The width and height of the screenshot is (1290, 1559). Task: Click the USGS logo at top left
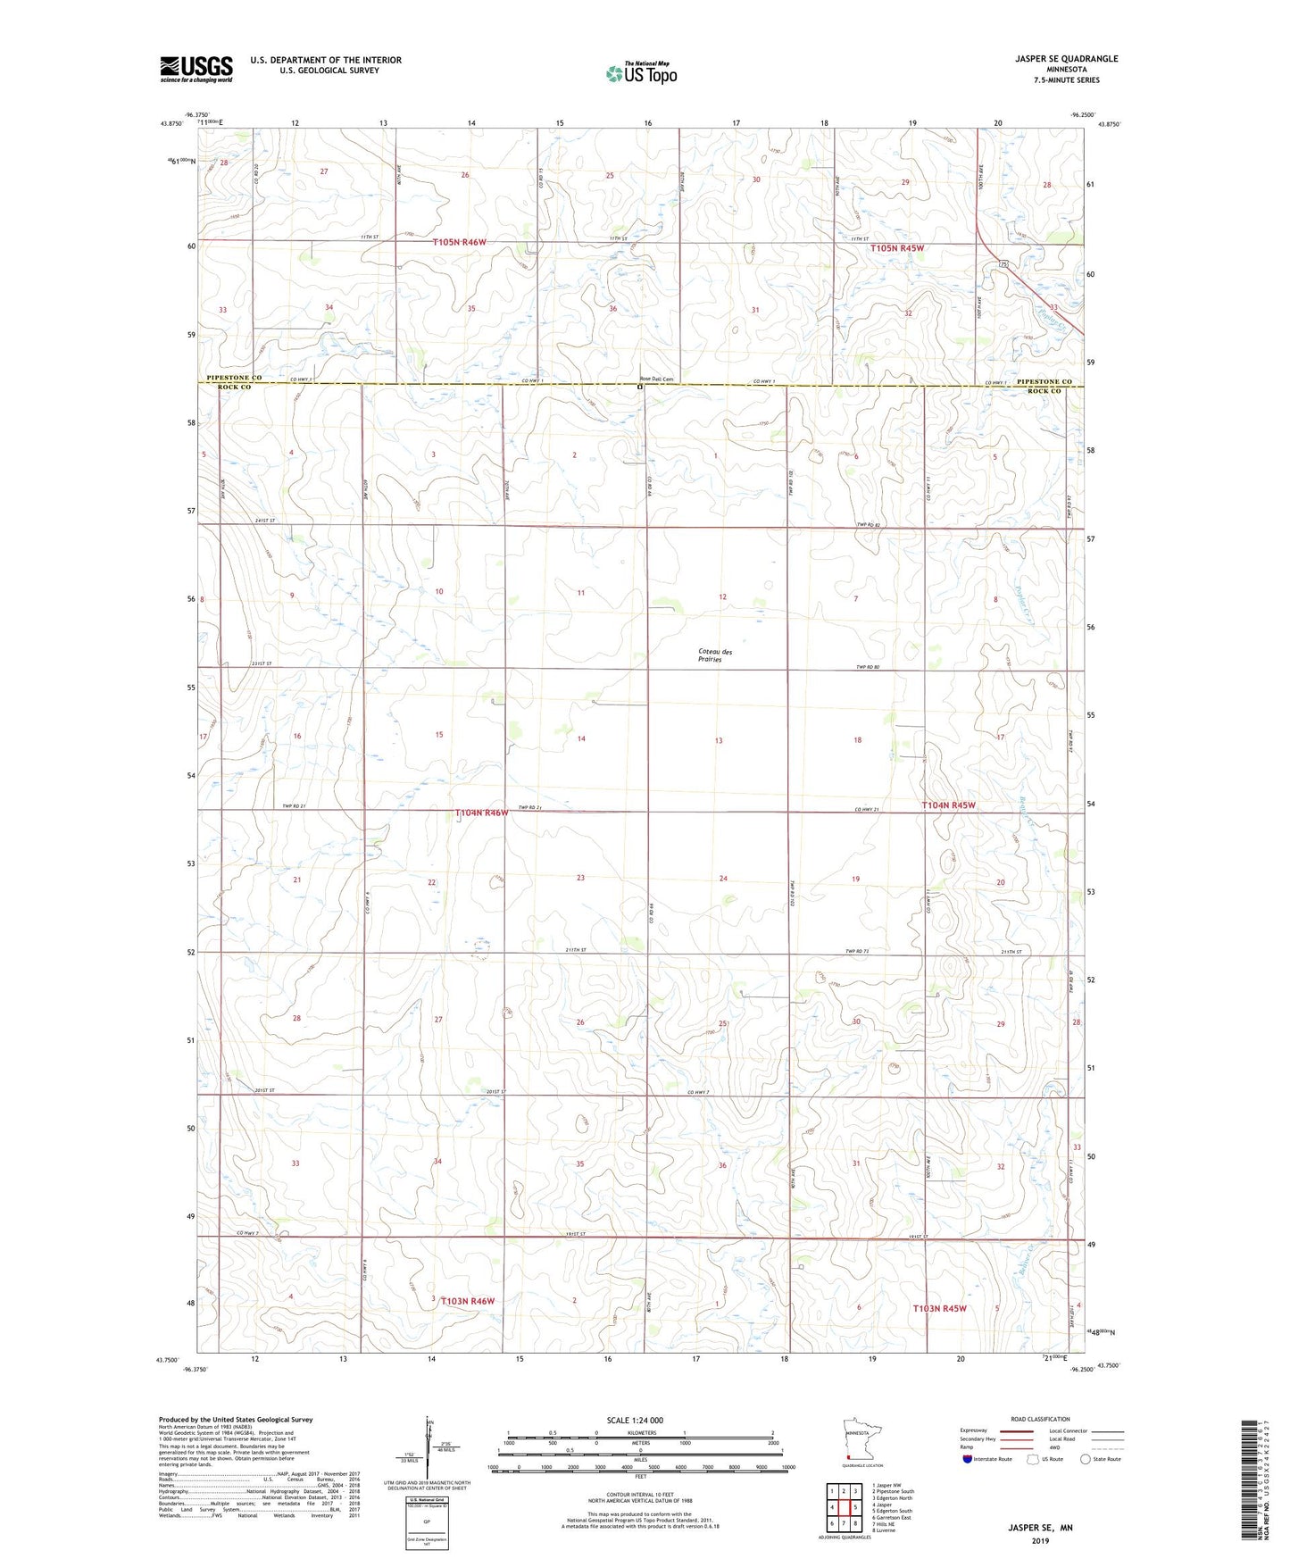(196, 68)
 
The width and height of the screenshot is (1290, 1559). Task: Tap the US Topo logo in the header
(641, 73)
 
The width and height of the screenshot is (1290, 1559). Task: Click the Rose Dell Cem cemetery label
(662, 379)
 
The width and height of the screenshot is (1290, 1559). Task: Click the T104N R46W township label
(481, 813)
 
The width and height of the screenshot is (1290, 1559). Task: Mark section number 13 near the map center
(719, 740)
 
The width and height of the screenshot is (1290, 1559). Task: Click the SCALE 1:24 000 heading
(635, 1420)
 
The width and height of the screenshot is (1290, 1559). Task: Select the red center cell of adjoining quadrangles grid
(843, 1507)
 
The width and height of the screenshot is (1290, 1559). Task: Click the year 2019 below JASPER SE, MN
(1039, 1541)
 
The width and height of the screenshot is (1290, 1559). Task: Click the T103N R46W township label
(467, 1301)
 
